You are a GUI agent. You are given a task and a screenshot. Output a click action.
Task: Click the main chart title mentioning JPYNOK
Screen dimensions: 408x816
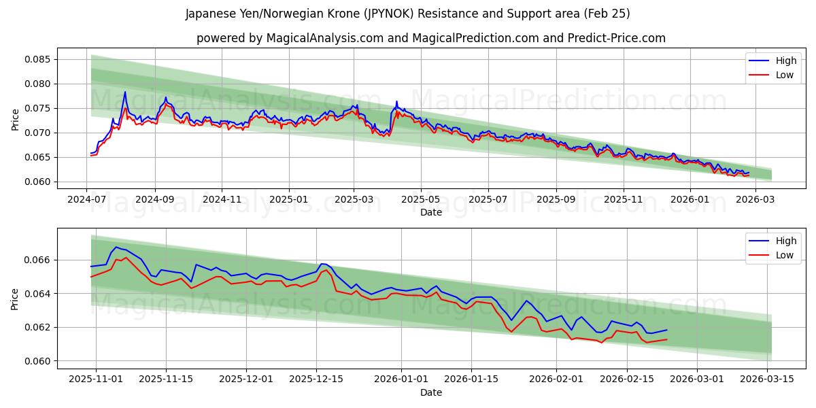408,14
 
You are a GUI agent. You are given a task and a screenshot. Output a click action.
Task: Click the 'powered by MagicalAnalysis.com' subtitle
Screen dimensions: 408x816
431,38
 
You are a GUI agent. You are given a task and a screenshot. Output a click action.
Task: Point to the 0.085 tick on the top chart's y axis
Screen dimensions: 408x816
38,60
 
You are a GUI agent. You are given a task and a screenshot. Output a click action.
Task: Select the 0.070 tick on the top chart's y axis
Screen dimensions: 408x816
38,133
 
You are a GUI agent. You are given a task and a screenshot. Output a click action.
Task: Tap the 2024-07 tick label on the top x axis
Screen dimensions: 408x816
86,199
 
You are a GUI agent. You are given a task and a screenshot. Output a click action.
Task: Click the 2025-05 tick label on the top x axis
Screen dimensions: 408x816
421,199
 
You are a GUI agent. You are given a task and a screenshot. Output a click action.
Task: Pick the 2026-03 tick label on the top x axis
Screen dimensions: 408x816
755,199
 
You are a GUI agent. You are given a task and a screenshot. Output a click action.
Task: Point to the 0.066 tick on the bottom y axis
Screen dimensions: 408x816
38,260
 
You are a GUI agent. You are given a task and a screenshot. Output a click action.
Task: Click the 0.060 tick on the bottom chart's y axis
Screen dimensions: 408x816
38,361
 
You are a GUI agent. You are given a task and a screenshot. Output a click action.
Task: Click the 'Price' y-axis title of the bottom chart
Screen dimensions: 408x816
15,299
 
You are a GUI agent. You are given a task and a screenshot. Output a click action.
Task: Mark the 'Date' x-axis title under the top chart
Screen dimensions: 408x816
431,212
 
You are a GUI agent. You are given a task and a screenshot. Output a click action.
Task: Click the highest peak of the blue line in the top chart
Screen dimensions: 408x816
125,92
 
